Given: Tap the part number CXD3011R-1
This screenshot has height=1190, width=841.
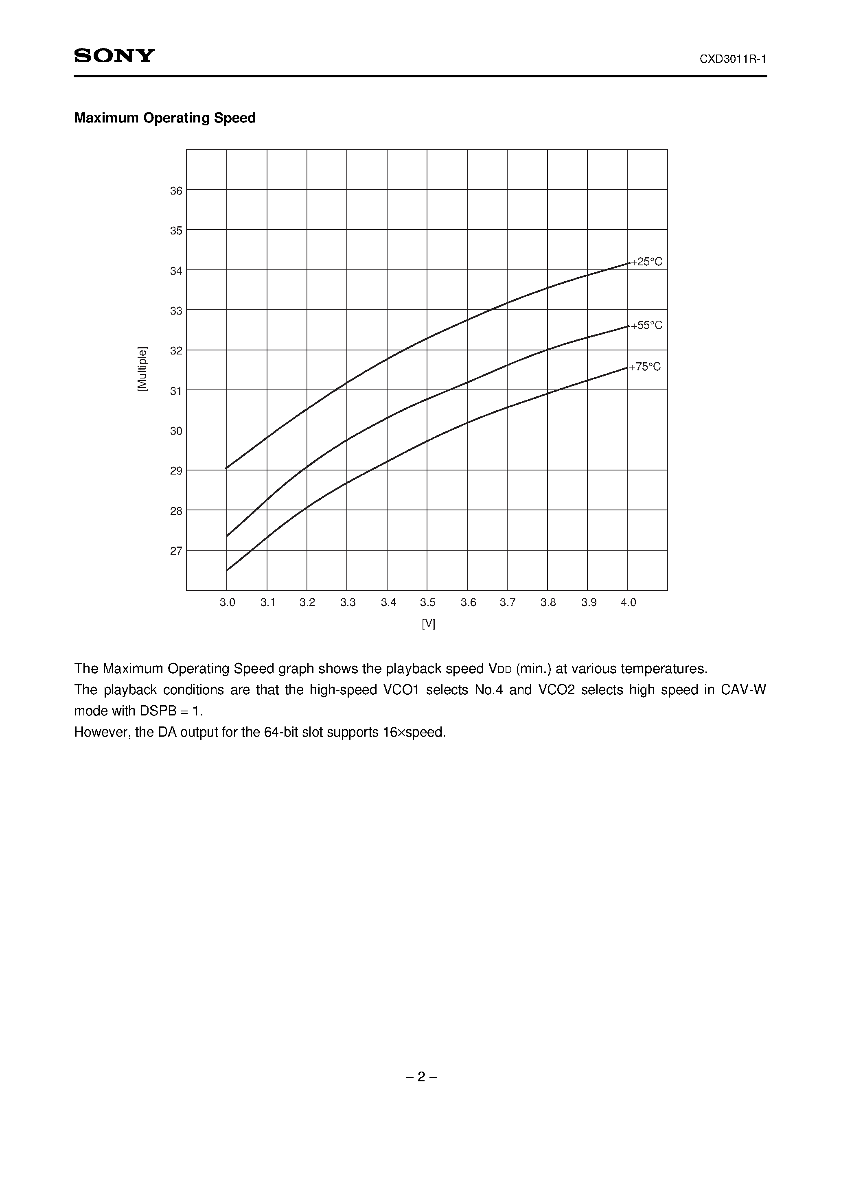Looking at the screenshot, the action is coord(733,59).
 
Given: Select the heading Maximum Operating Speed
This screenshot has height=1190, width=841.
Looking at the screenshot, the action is coord(165,118).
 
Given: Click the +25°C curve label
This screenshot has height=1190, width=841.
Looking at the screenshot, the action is coord(646,262).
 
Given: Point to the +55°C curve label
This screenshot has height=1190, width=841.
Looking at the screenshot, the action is coord(646,326).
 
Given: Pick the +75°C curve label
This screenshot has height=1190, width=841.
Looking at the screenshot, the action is coord(646,367).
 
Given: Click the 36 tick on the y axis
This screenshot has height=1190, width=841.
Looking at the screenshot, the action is coord(176,191).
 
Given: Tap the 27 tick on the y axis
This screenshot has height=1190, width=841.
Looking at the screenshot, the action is coord(176,551).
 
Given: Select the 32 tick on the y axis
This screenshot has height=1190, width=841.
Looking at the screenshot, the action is coord(176,351).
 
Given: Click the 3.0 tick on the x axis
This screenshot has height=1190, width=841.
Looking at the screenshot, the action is coord(227,602).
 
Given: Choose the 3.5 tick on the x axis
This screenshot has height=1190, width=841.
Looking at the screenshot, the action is coord(428,602).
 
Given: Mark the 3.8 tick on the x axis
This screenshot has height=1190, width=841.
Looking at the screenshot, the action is coord(548,602).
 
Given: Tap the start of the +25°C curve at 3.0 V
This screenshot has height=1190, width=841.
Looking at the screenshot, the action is coord(227,468).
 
